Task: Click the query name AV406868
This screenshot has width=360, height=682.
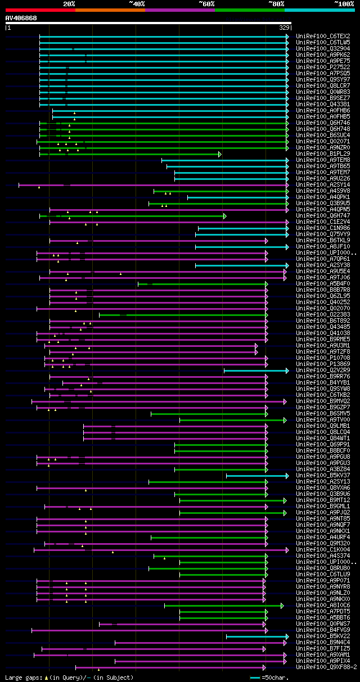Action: coord(21,18)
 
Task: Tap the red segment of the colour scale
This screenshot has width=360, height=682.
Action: coord(40,10)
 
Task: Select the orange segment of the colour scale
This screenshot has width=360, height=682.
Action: coord(110,10)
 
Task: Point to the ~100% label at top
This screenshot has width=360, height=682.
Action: coord(344,3)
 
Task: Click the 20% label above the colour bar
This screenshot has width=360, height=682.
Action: coord(69,3)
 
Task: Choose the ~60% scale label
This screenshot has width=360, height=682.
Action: coord(206,3)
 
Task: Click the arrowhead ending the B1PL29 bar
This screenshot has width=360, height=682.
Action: coord(220,153)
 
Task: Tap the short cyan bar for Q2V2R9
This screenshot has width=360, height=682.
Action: coord(255,370)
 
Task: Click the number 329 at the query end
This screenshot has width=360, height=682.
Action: coord(283,27)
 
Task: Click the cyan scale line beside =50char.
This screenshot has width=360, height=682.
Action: coord(255,678)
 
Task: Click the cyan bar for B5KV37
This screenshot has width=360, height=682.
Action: coord(256,475)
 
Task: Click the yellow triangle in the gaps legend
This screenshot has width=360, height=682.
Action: coord(46,678)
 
